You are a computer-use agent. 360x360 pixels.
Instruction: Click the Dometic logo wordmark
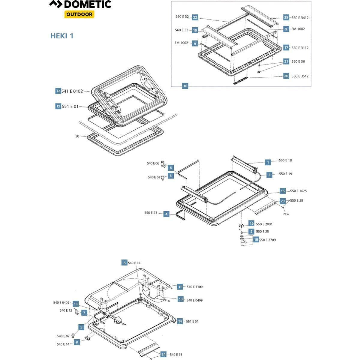pyautogui.click(x=80, y=4)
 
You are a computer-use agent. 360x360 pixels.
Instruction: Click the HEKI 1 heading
pyautogui.click(x=62, y=36)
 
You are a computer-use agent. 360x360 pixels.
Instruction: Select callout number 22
pyautogui.click(x=195, y=17)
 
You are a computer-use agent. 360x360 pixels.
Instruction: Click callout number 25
pyautogui.click(x=286, y=17)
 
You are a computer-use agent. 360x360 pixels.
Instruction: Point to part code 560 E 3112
pyautogui.click(x=300, y=48)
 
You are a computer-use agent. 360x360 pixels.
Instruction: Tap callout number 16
pyautogui.click(x=185, y=86)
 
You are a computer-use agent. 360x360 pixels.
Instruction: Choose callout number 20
pyautogui.click(x=286, y=76)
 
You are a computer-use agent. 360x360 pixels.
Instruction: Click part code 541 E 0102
pyautogui.click(x=72, y=91)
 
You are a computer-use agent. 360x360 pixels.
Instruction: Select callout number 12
pyautogui.click(x=58, y=91)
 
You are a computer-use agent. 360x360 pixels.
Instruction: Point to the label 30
pyautogui.click(x=77, y=136)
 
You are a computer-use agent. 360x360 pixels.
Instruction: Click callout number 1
pyautogui.click(x=268, y=162)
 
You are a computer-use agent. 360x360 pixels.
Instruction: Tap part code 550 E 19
pyautogui.click(x=285, y=174)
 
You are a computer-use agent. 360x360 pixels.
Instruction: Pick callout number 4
pyautogui.click(x=166, y=214)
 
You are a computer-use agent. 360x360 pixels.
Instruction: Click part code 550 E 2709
pyautogui.click(x=267, y=240)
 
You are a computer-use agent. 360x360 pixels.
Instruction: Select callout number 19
pyautogui.click(x=251, y=224)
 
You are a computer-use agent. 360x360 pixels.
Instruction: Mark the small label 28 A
pyautogui.click(x=286, y=214)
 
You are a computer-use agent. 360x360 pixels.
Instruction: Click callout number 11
pyautogui.click(x=180, y=287)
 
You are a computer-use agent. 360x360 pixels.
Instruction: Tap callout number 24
pyautogui.click(x=163, y=355)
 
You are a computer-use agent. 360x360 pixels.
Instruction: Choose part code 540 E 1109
pyautogui.click(x=194, y=287)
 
